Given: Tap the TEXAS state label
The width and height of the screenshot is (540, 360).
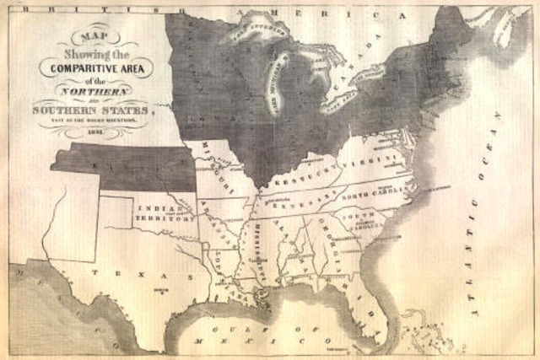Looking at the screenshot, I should pos(127,275).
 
